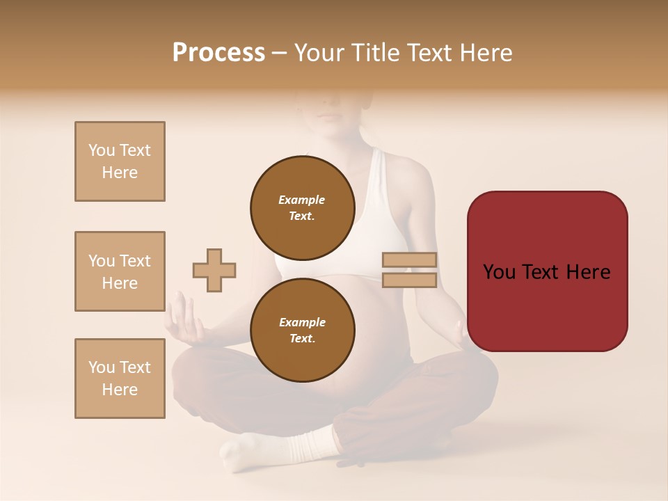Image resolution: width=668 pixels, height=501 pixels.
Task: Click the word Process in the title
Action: (x=218, y=53)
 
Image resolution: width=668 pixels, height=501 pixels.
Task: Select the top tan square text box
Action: (x=120, y=161)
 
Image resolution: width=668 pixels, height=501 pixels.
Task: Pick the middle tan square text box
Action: (x=120, y=271)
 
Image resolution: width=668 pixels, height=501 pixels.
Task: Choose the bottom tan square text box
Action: (x=120, y=378)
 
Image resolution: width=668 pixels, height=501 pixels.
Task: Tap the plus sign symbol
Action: (x=214, y=270)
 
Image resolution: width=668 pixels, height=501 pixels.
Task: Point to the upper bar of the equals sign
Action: (x=409, y=260)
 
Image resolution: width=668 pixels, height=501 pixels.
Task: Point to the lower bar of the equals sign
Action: (x=409, y=280)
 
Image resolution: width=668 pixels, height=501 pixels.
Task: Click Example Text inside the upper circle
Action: (x=302, y=207)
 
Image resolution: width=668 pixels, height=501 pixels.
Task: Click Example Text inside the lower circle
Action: (x=302, y=331)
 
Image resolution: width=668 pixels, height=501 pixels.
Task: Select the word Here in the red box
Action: (x=589, y=271)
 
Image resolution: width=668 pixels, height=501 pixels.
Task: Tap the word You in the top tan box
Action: (x=102, y=150)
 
